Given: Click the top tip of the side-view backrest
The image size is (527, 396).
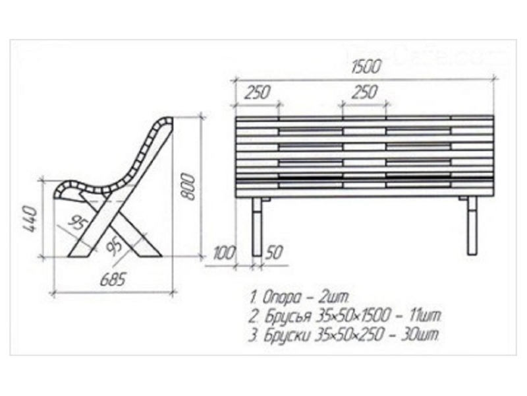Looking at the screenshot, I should click(167, 120).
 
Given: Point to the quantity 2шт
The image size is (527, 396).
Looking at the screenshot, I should click(338, 295).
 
